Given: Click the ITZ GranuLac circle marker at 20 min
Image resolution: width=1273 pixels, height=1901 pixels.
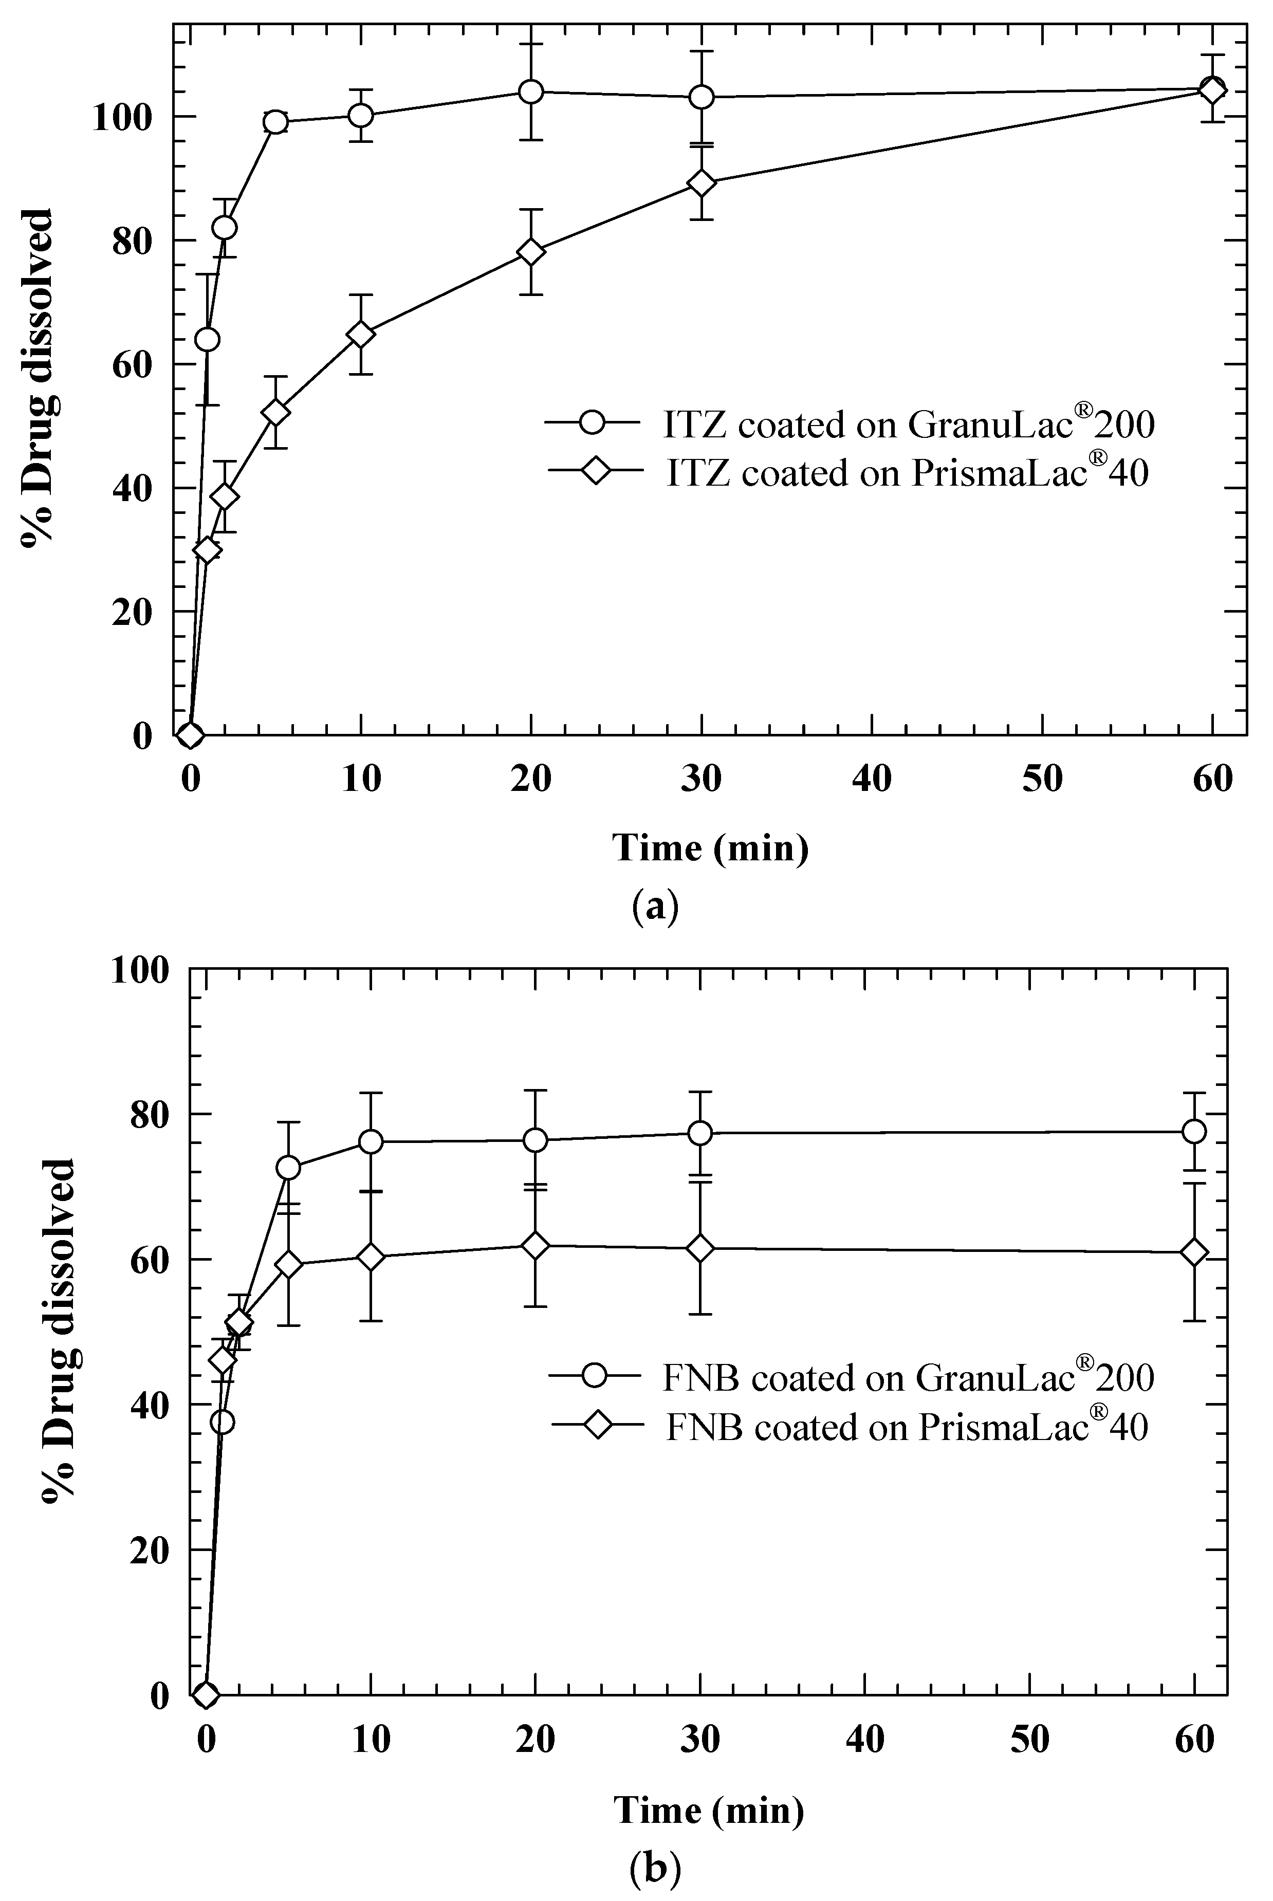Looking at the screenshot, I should pos(530,91).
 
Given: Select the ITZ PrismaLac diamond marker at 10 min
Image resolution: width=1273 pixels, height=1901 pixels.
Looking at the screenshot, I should pos(360,335).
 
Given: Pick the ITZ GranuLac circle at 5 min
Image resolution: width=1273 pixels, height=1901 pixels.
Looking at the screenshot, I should pos(276,122).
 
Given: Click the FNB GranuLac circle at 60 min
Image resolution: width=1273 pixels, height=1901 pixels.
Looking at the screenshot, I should pos(1193,1132).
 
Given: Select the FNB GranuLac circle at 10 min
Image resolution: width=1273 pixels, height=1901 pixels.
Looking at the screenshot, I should pos(371,1141).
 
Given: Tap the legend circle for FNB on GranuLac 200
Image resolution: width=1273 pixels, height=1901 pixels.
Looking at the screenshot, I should pos(597,1377).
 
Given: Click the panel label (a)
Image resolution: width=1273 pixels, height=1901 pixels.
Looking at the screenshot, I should pos(654,904).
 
